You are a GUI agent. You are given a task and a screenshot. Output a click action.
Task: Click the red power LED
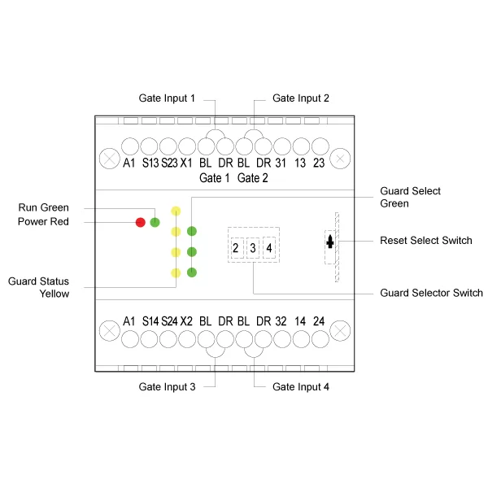point(141,222)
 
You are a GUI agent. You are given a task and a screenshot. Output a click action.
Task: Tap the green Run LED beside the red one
point(155,222)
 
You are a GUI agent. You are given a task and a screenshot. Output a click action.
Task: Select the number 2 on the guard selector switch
point(236,247)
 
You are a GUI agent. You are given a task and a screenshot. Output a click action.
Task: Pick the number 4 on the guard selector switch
point(270,247)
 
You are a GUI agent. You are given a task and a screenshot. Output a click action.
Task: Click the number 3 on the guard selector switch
point(253,247)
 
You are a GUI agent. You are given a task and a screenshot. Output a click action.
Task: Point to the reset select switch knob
point(330,242)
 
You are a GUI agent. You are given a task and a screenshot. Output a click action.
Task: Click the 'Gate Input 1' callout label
point(168,98)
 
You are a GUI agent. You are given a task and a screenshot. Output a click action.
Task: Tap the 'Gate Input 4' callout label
point(301,386)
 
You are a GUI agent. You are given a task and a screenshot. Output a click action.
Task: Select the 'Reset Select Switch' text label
point(426,241)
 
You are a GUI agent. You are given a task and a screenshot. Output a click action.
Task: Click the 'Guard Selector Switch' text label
point(431,293)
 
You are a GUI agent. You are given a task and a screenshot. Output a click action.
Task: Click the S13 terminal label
point(150,163)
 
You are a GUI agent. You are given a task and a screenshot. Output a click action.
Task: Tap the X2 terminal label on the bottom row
point(187,321)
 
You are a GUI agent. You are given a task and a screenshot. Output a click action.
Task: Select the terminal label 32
point(281,321)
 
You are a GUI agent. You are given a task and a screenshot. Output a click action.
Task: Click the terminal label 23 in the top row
point(319,163)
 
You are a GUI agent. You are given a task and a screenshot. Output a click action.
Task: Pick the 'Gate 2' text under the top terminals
point(253,178)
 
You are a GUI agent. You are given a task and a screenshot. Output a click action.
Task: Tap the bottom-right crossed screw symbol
point(340,329)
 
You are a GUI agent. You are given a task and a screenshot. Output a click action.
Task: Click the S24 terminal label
point(169,321)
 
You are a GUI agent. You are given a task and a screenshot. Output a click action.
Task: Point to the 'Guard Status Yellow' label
point(39,287)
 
